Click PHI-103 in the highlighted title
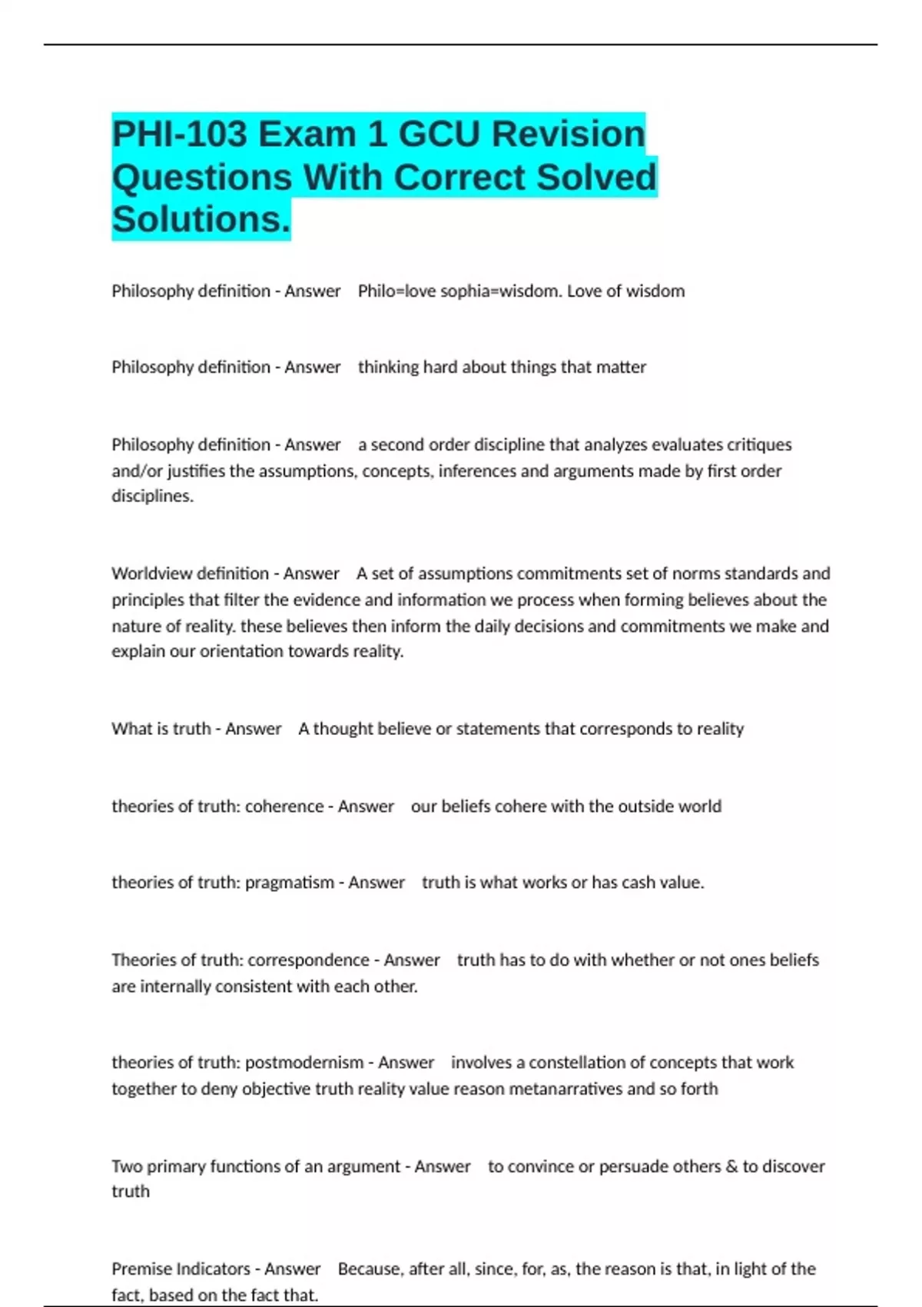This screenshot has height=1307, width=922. click(180, 135)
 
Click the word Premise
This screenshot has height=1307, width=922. click(142, 1269)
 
